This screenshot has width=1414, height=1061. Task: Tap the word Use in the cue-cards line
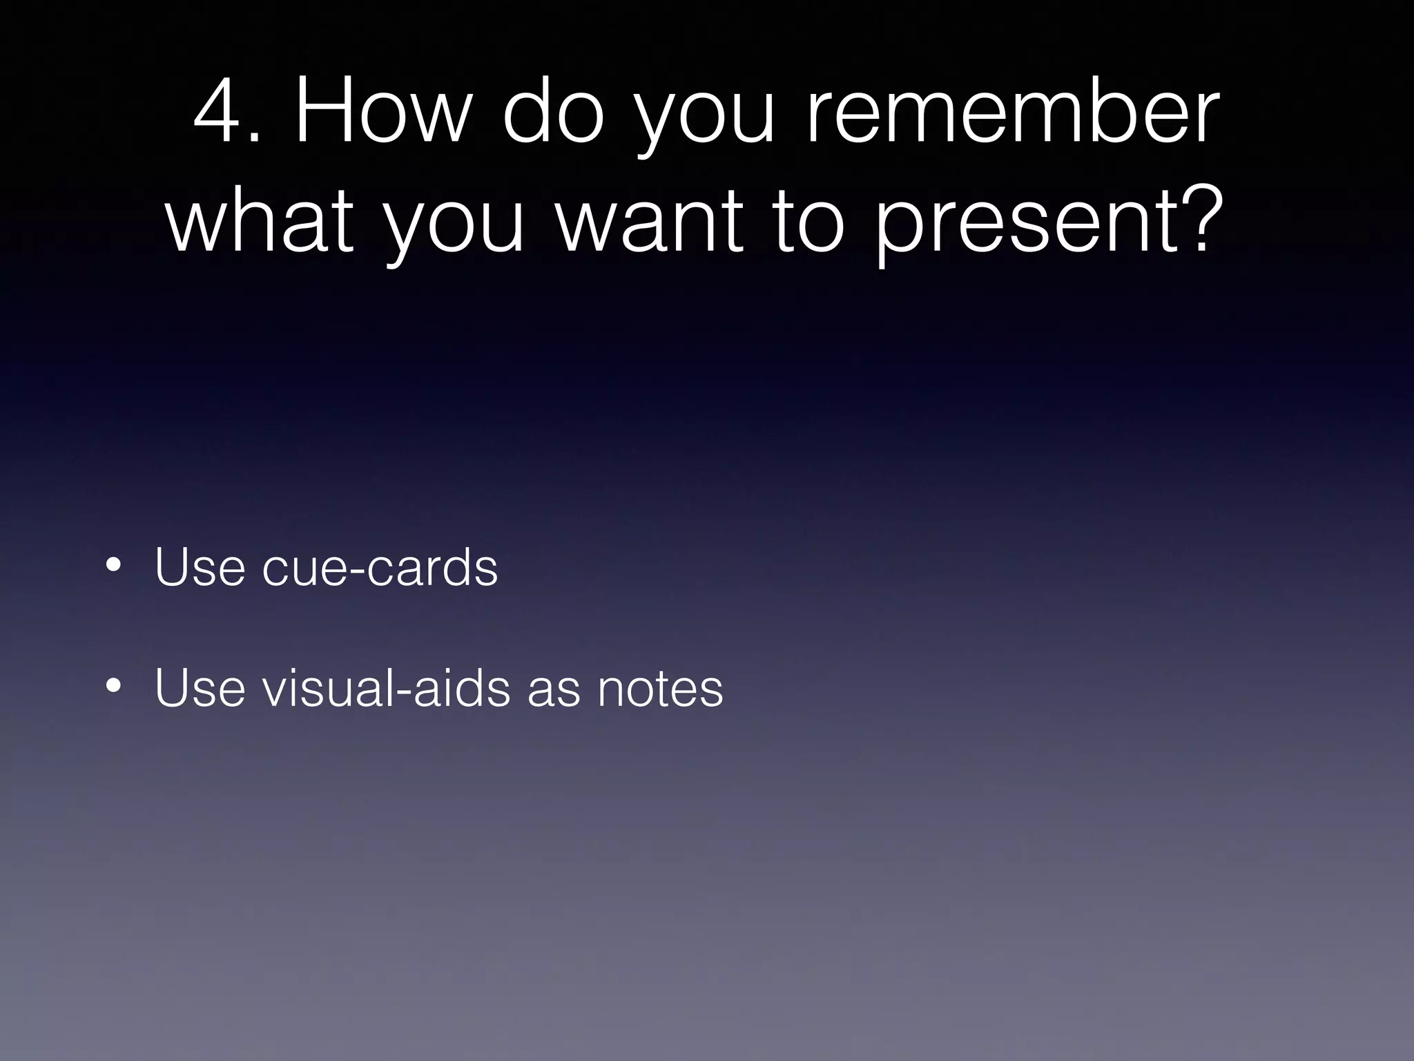(200, 567)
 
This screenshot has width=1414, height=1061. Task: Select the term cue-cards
(380, 567)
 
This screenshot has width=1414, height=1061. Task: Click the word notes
(660, 689)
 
